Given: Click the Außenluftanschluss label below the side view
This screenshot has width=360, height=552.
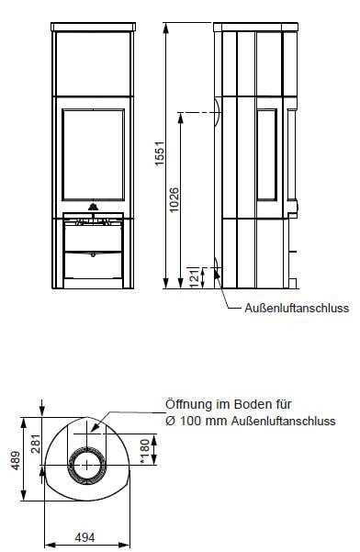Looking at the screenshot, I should click(297, 309).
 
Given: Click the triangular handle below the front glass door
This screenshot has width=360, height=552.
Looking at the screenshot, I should click(92, 208).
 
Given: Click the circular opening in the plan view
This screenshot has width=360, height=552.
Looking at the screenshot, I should click(90, 466).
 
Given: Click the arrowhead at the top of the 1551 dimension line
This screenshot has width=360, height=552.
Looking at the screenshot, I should click(165, 25).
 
